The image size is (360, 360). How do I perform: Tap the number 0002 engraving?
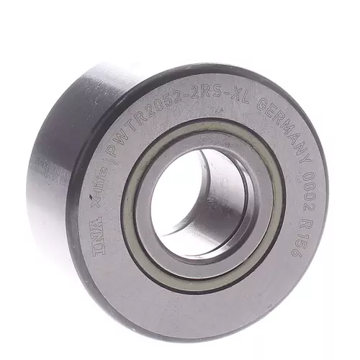point(310,189)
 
